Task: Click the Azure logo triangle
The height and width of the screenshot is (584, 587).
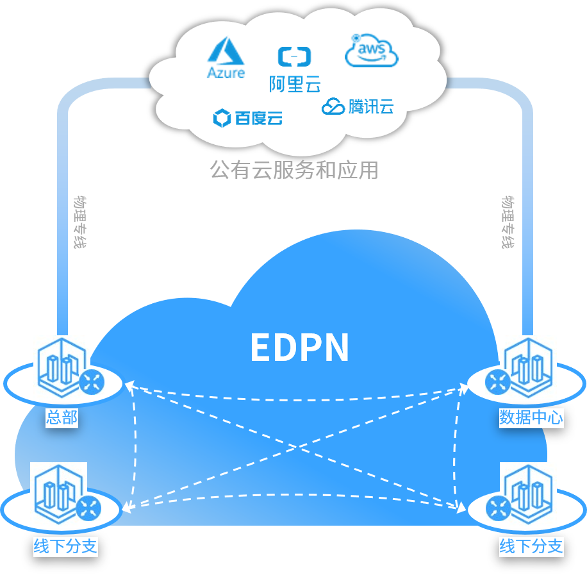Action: [225, 51]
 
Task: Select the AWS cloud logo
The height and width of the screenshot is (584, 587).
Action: [371, 51]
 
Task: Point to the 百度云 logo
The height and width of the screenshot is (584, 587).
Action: [247, 118]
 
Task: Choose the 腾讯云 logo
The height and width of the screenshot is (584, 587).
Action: [358, 106]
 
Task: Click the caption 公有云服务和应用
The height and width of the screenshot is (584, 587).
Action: [294, 170]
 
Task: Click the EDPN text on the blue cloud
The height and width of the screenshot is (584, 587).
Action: [299, 347]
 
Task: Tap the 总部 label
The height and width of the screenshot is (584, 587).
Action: [62, 418]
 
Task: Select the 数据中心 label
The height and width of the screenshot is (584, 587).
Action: [531, 418]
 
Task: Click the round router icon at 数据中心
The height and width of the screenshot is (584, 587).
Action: [497, 383]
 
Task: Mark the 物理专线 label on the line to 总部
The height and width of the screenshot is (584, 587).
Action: [80, 222]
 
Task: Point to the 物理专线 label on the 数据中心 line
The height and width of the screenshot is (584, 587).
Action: [508, 222]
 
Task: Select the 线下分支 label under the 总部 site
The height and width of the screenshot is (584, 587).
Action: [65, 547]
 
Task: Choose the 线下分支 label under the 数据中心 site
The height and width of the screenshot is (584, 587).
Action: [531, 547]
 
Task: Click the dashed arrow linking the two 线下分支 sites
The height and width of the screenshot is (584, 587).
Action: [294, 495]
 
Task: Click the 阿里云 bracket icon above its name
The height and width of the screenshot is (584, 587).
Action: [294, 56]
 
